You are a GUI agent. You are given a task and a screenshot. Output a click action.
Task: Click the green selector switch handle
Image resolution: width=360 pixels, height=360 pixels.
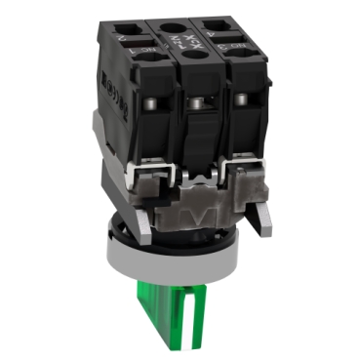(208, 311)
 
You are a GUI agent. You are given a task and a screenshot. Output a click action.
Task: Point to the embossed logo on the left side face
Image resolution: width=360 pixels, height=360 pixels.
(107, 88)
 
